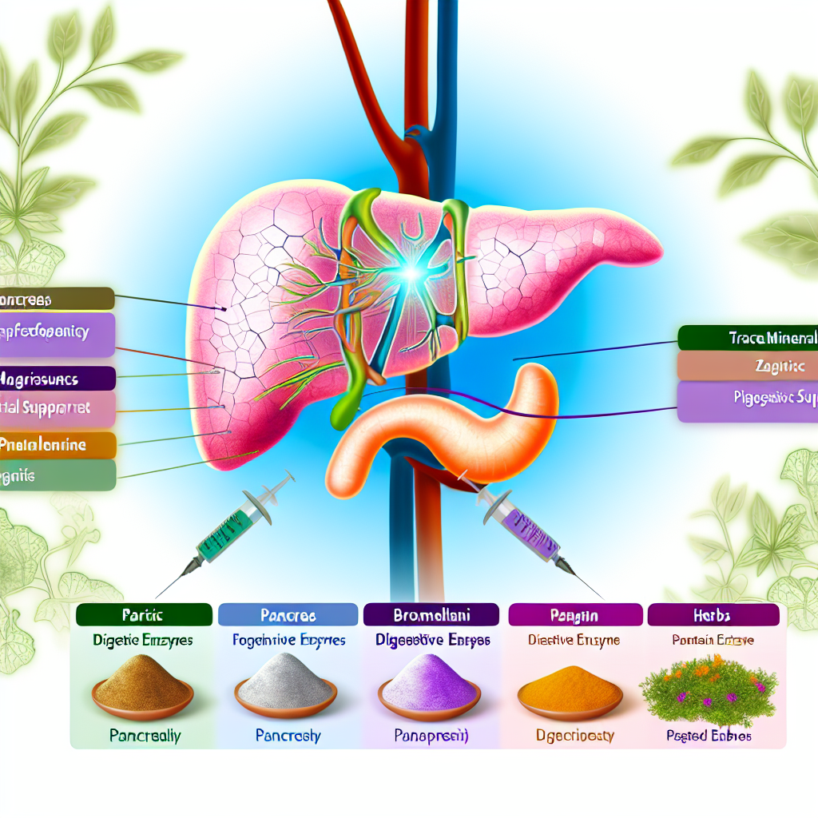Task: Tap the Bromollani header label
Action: pos(431,615)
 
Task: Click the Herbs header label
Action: pos(713,615)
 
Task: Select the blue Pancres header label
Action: pos(288,615)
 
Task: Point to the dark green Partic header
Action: pos(144,615)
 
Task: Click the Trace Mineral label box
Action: pos(748,338)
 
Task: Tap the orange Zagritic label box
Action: pos(748,366)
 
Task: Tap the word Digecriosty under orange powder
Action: pos(569,735)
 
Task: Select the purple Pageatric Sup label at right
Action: pos(748,401)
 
